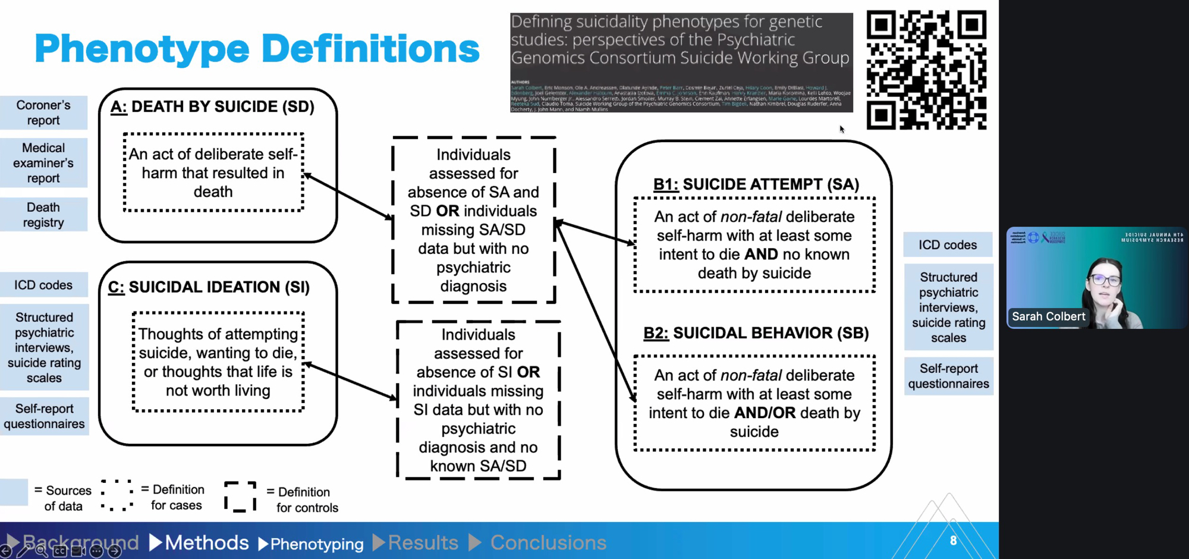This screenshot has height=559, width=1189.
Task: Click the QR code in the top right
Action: click(926, 70)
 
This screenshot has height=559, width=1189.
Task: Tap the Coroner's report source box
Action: click(43, 112)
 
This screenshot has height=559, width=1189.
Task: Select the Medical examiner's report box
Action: click(43, 163)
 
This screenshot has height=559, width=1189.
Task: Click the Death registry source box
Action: click(43, 215)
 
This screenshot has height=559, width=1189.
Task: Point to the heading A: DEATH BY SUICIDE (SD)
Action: click(212, 106)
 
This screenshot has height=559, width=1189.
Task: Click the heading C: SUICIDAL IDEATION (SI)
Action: click(209, 287)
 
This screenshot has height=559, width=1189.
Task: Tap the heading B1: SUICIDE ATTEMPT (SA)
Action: click(756, 184)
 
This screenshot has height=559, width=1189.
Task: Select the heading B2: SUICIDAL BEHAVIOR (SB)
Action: click(756, 333)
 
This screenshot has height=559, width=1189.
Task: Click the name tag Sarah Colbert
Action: click(1048, 316)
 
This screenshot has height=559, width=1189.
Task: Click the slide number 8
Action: click(953, 540)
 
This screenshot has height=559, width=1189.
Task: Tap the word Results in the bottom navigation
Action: click(423, 543)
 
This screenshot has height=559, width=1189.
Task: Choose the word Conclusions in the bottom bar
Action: click(548, 543)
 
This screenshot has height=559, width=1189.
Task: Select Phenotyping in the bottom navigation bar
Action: click(316, 544)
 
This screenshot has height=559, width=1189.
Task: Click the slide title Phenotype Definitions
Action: click(257, 48)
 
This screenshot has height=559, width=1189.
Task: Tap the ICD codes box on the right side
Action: click(948, 245)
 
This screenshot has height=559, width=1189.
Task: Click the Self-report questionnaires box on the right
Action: click(948, 376)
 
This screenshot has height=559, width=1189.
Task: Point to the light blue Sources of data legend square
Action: click(14, 492)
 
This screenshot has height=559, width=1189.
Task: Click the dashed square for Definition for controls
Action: click(240, 497)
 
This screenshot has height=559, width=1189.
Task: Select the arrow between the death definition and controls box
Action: click(348, 197)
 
